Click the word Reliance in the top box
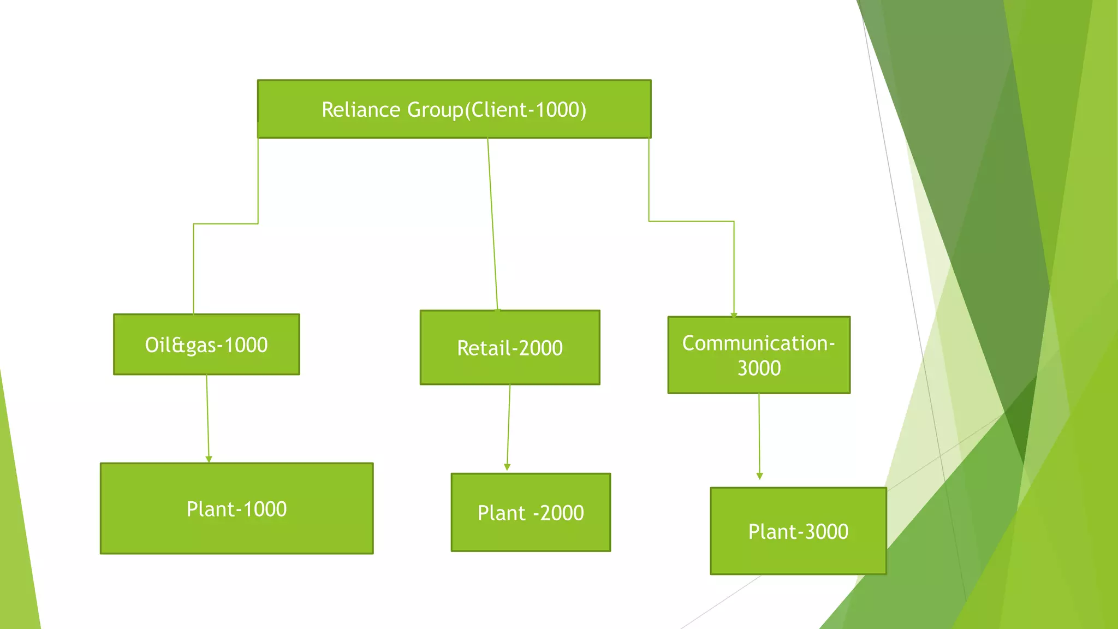coord(361,110)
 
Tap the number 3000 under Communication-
coord(759,368)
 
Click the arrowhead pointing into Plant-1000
coord(209,459)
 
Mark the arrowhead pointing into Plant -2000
coord(507,467)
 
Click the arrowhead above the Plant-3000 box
coord(759,476)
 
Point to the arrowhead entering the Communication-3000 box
coord(734,315)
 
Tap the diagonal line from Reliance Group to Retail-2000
coord(492,224)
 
